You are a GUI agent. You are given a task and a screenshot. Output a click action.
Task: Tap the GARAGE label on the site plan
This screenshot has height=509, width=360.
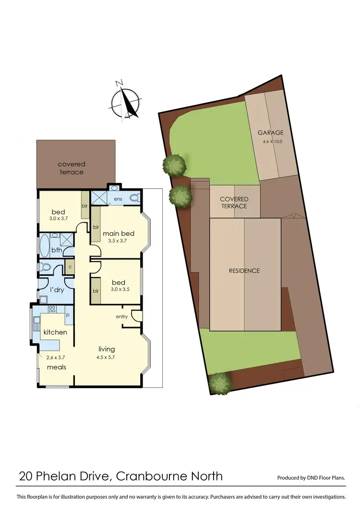[271, 133]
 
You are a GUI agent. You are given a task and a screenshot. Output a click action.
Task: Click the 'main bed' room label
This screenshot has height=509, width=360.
[119, 234]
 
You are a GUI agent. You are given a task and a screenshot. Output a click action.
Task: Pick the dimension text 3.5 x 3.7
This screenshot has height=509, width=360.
[118, 241]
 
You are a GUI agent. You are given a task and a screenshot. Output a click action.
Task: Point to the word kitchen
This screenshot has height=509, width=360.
[55, 332]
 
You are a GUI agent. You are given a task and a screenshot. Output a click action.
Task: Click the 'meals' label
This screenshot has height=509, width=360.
[57, 367]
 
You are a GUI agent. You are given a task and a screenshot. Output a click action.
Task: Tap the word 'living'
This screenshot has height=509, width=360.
[107, 349]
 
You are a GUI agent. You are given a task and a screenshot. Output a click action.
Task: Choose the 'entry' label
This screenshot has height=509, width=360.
[121, 316]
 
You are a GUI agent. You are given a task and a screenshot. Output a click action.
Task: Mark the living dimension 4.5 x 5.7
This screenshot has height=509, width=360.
[107, 357]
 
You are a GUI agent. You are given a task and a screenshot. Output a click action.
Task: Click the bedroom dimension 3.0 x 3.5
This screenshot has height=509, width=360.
[120, 289]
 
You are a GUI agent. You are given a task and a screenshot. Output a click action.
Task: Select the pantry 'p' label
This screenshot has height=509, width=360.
[67, 315]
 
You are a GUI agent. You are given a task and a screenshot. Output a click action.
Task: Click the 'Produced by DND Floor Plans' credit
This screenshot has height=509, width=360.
[312, 478]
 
